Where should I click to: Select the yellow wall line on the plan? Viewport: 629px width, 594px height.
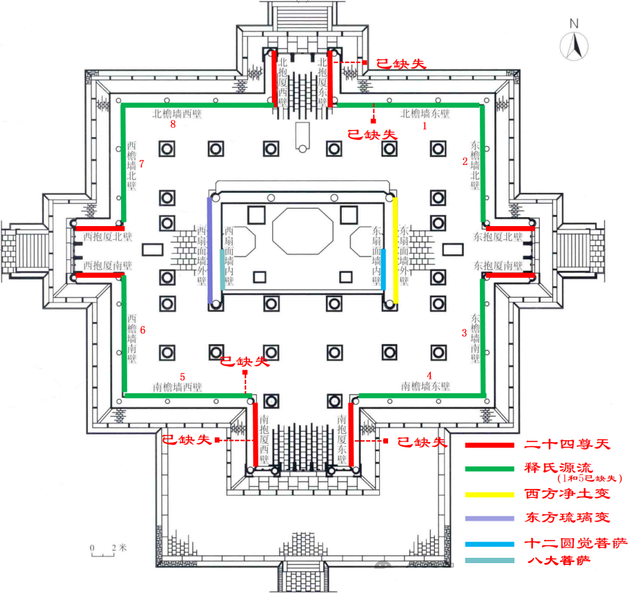coord(395,249)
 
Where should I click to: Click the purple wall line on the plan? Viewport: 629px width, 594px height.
coord(209,249)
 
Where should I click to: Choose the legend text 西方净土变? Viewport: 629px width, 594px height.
coord(567,494)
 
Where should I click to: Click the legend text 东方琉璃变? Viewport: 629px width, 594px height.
coord(567,517)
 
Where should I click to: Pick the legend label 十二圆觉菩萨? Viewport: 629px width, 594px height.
coord(567,543)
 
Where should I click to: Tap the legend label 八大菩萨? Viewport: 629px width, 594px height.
coord(558,560)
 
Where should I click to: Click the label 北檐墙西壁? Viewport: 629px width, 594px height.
coord(177,114)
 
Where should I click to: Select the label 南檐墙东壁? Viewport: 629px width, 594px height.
coord(425,386)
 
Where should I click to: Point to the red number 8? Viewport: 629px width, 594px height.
coord(173,125)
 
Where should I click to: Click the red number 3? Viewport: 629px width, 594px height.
coord(464,333)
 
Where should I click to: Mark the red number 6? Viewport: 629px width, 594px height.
coord(141,329)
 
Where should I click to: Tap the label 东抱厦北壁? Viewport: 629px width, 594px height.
coord(498,237)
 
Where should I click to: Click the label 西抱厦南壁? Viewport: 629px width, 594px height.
coord(107,265)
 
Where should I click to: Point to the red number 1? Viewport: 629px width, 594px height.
coord(424,126)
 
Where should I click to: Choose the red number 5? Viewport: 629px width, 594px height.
coord(183,376)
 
